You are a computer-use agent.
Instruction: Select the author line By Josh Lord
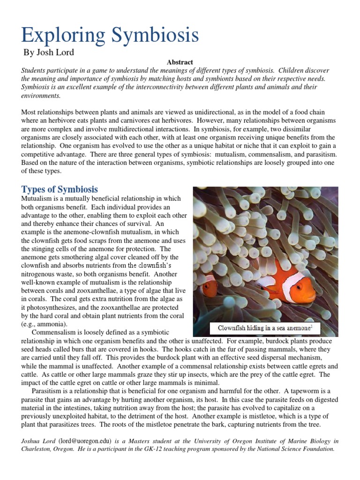49,52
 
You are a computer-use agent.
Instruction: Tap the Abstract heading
180,62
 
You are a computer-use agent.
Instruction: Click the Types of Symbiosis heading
60,189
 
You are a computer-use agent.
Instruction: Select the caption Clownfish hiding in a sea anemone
260,328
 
